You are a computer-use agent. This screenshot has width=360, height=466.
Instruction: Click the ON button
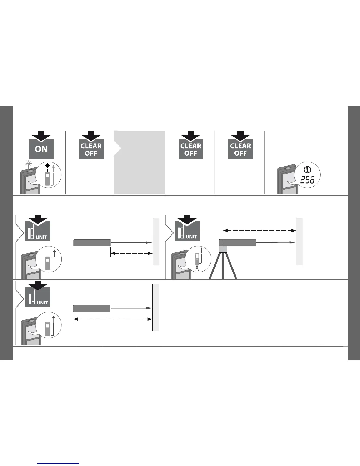click(x=41, y=149)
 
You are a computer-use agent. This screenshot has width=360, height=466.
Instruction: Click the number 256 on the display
click(x=307, y=180)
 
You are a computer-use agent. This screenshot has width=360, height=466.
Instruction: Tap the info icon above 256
click(x=308, y=169)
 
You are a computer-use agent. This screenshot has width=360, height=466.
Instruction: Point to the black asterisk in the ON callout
click(x=47, y=166)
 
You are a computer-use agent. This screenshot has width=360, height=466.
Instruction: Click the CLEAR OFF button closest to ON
click(x=91, y=149)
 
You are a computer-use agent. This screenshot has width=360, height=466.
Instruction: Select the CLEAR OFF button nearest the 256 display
click(x=241, y=149)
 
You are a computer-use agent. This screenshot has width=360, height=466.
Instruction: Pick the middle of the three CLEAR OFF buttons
click(x=191, y=149)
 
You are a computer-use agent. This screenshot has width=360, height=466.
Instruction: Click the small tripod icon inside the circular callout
click(x=198, y=268)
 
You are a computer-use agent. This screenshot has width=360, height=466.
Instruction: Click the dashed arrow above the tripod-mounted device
click(x=259, y=231)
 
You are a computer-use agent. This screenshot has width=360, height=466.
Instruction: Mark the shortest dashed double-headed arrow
click(x=131, y=253)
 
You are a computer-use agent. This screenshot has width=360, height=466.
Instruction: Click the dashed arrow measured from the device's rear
click(x=112, y=319)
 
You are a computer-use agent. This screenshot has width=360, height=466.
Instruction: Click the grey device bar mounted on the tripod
click(x=238, y=243)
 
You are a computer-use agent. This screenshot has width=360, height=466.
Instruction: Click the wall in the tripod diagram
click(x=299, y=241)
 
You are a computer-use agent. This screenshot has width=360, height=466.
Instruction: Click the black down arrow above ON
click(x=41, y=135)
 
